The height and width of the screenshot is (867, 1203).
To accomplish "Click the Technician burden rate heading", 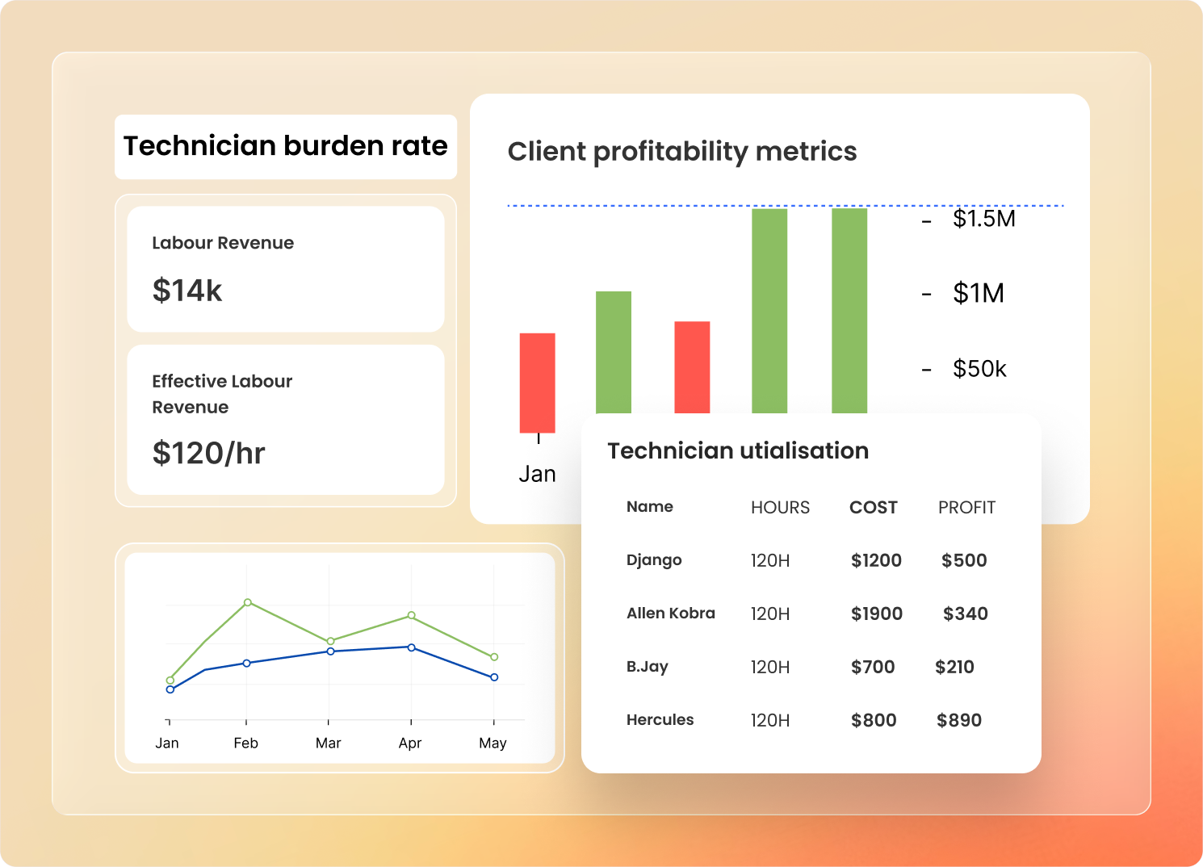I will pyautogui.click(x=285, y=146).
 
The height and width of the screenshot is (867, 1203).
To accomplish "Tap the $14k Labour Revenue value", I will pyautogui.click(x=187, y=291).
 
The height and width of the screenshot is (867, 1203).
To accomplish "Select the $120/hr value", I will pyautogui.click(x=208, y=454).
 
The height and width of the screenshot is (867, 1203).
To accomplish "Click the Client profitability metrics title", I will pyautogui.click(x=681, y=152).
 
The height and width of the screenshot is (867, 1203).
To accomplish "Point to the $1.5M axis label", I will pyautogui.click(x=983, y=220).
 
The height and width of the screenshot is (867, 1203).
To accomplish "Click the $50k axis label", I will pyautogui.click(x=979, y=369).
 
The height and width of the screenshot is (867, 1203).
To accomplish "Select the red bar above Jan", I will pyautogui.click(x=537, y=382).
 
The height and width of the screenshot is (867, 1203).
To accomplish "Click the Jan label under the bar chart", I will pyautogui.click(x=537, y=474).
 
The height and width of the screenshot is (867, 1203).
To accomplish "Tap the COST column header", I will pyautogui.click(x=873, y=508).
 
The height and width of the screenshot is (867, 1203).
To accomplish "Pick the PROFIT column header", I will pyautogui.click(x=966, y=508).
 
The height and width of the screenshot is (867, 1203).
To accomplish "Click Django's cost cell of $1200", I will pyautogui.click(x=876, y=561).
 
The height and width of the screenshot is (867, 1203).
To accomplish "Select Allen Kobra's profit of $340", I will pyautogui.click(x=965, y=614).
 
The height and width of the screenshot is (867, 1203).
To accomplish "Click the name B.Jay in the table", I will pyautogui.click(x=647, y=667).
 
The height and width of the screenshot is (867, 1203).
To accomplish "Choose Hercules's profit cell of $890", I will pyautogui.click(x=958, y=721).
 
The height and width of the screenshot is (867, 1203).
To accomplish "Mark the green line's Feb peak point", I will pyautogui.click(x=247, y=602).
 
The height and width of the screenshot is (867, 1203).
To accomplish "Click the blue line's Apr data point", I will pyautogui.click(x=411, y=647).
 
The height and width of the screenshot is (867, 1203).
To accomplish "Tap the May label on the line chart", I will pyautogui.click(x=493, y=743).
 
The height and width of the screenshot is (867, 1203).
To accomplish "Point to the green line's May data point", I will pyautogui.click(x=494, y=657).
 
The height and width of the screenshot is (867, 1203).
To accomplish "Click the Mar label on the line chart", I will pyautogui.click(x=328, y=743).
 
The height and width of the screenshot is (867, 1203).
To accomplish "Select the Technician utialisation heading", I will pyautogui.click(x=737, y=451).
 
